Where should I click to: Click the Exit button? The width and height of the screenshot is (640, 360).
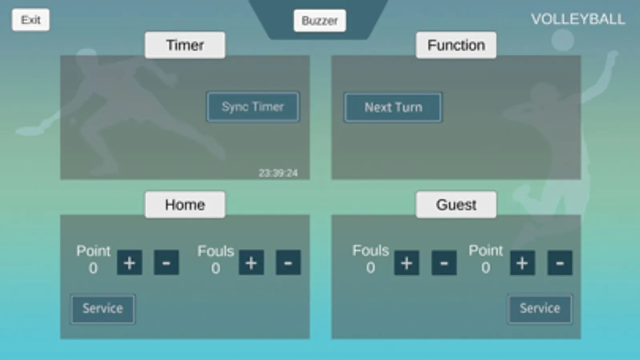click(x=30, y=20)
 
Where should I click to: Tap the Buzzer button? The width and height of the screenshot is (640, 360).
click(x=320, y=20)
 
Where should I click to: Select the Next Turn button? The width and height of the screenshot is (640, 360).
click(x=393, y=107)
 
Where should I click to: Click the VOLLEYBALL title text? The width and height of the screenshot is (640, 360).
click(x=578, y=20)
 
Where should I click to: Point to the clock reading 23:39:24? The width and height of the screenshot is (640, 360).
click(x=278, y=173)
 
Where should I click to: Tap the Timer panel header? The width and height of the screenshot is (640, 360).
click(x=185, y=45)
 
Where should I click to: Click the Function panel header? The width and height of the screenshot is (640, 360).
click(x=456, y=45)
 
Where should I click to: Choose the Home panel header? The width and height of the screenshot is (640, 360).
click(x=185, y=205)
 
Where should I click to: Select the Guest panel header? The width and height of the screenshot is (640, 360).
click(x=456, y=205)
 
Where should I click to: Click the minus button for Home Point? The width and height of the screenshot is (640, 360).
click(x=166, y=263)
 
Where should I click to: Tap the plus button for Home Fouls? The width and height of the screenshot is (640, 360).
click(x=251, y=263)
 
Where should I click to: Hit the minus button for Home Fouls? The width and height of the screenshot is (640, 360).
click(x=288, y=263)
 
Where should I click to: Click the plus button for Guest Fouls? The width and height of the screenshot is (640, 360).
click(x=407, y=263)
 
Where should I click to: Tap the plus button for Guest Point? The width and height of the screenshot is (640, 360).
click(x=522, y=263)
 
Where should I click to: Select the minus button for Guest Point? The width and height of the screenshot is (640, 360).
click(x=560, y=263)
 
